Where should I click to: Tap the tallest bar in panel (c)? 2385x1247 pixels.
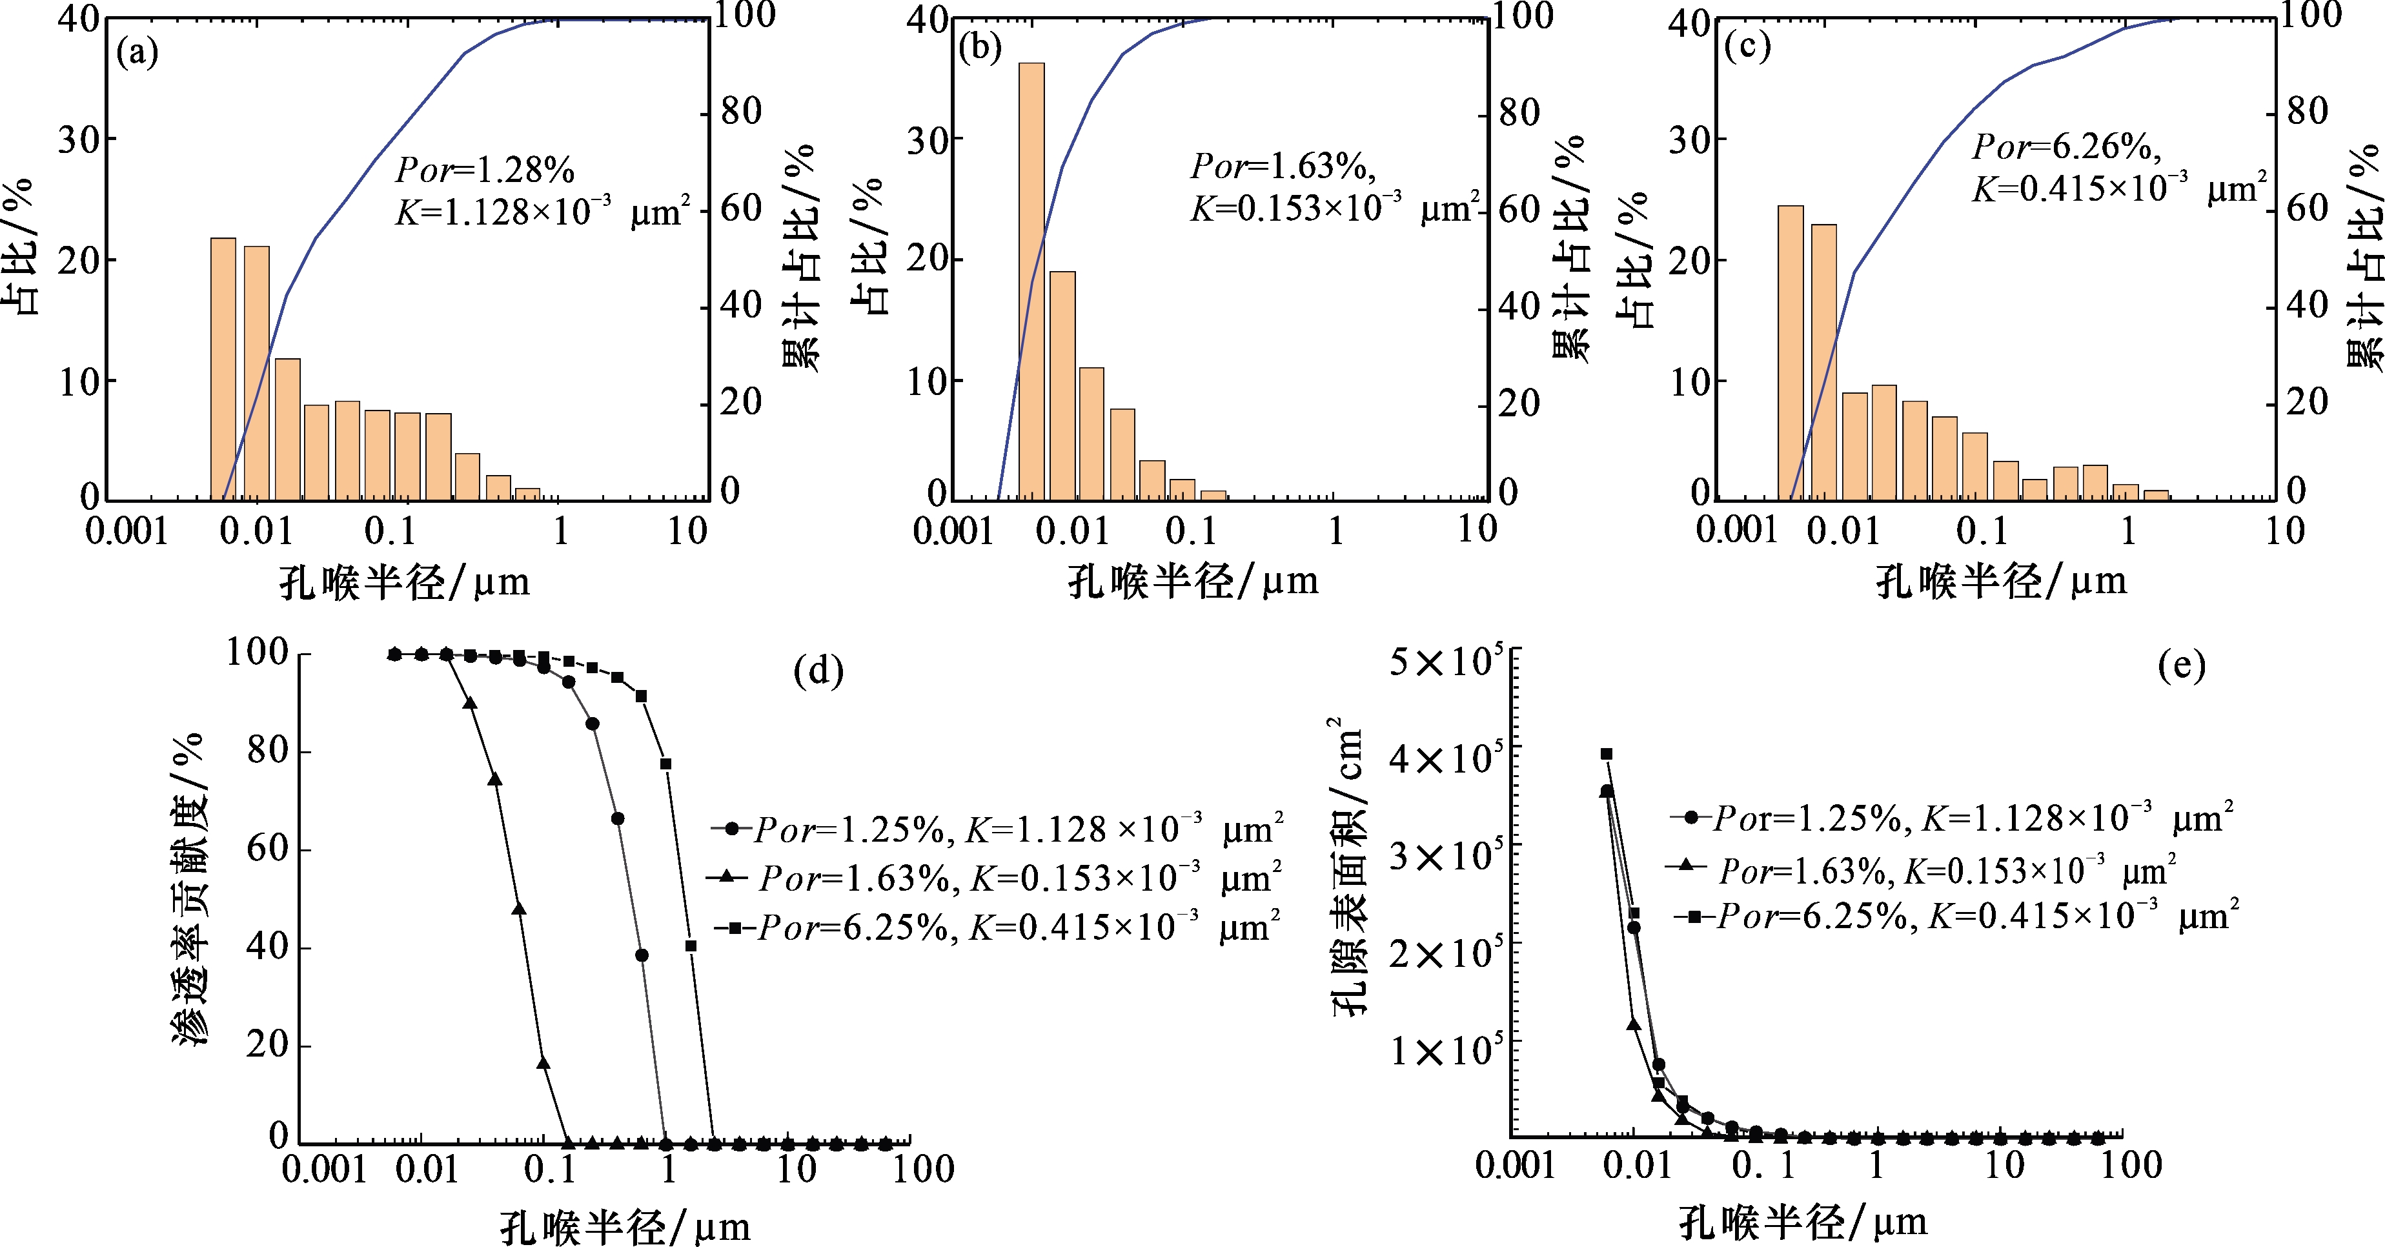point(1791,352)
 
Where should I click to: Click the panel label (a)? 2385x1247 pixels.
point(137,53)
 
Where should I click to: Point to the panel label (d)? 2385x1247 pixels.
point(818,670)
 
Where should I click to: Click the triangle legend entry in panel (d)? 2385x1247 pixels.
point(995,877)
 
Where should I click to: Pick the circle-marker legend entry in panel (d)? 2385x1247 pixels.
point(997,827)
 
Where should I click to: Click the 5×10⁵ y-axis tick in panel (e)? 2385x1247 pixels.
point(1445,662)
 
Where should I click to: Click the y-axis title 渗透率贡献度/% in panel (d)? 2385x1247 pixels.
point(190,889)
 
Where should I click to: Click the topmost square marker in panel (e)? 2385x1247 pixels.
point(1607,755)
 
